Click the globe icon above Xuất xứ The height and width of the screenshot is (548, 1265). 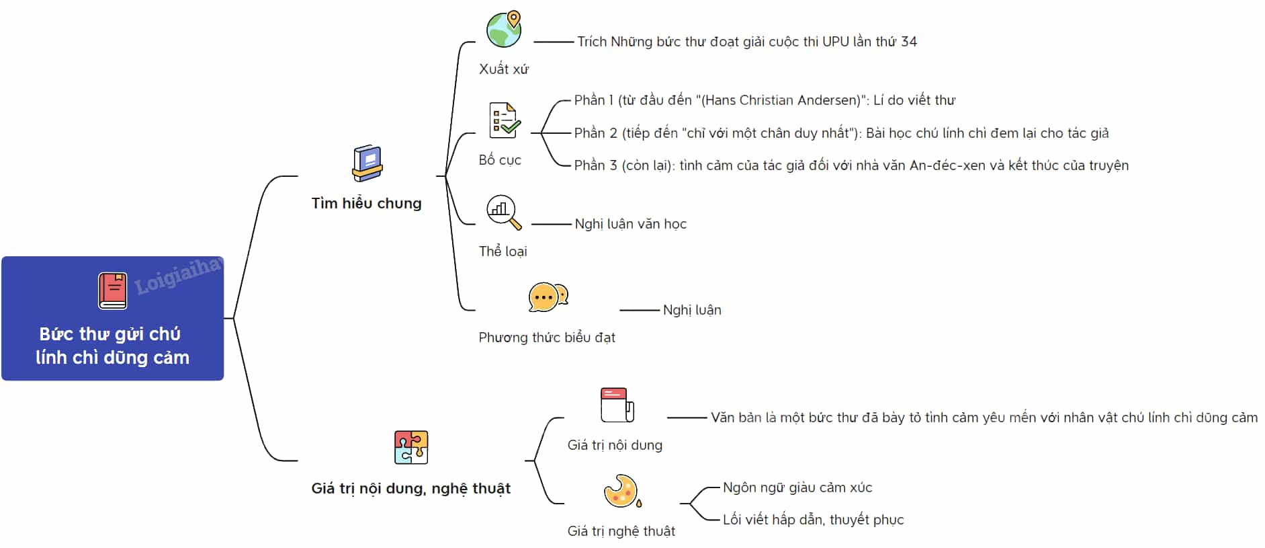point(504,30)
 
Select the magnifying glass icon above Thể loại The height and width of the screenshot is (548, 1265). point(503,212)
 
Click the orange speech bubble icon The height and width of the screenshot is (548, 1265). point(548,297)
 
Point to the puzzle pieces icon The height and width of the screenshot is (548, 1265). point(411,447)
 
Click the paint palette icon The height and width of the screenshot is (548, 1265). point(622,491)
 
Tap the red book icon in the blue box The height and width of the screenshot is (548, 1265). point(112,291)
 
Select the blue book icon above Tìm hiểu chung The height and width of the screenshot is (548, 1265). point(367,163)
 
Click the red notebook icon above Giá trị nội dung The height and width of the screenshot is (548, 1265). point(617,405)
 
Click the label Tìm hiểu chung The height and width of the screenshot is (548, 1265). point(366,203)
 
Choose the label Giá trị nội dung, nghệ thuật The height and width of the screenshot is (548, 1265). point(410,489)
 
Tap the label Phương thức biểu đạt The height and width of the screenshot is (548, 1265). point(547,338)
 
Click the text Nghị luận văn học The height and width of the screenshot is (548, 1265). point(630,224)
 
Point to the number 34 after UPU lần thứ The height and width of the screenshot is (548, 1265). point(909,42)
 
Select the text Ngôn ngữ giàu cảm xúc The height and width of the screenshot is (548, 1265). point(797,487)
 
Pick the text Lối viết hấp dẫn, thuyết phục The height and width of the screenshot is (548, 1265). point(813,520)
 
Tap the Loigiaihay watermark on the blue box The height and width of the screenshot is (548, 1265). point(178,276)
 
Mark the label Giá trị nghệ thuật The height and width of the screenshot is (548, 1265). point(621,531)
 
